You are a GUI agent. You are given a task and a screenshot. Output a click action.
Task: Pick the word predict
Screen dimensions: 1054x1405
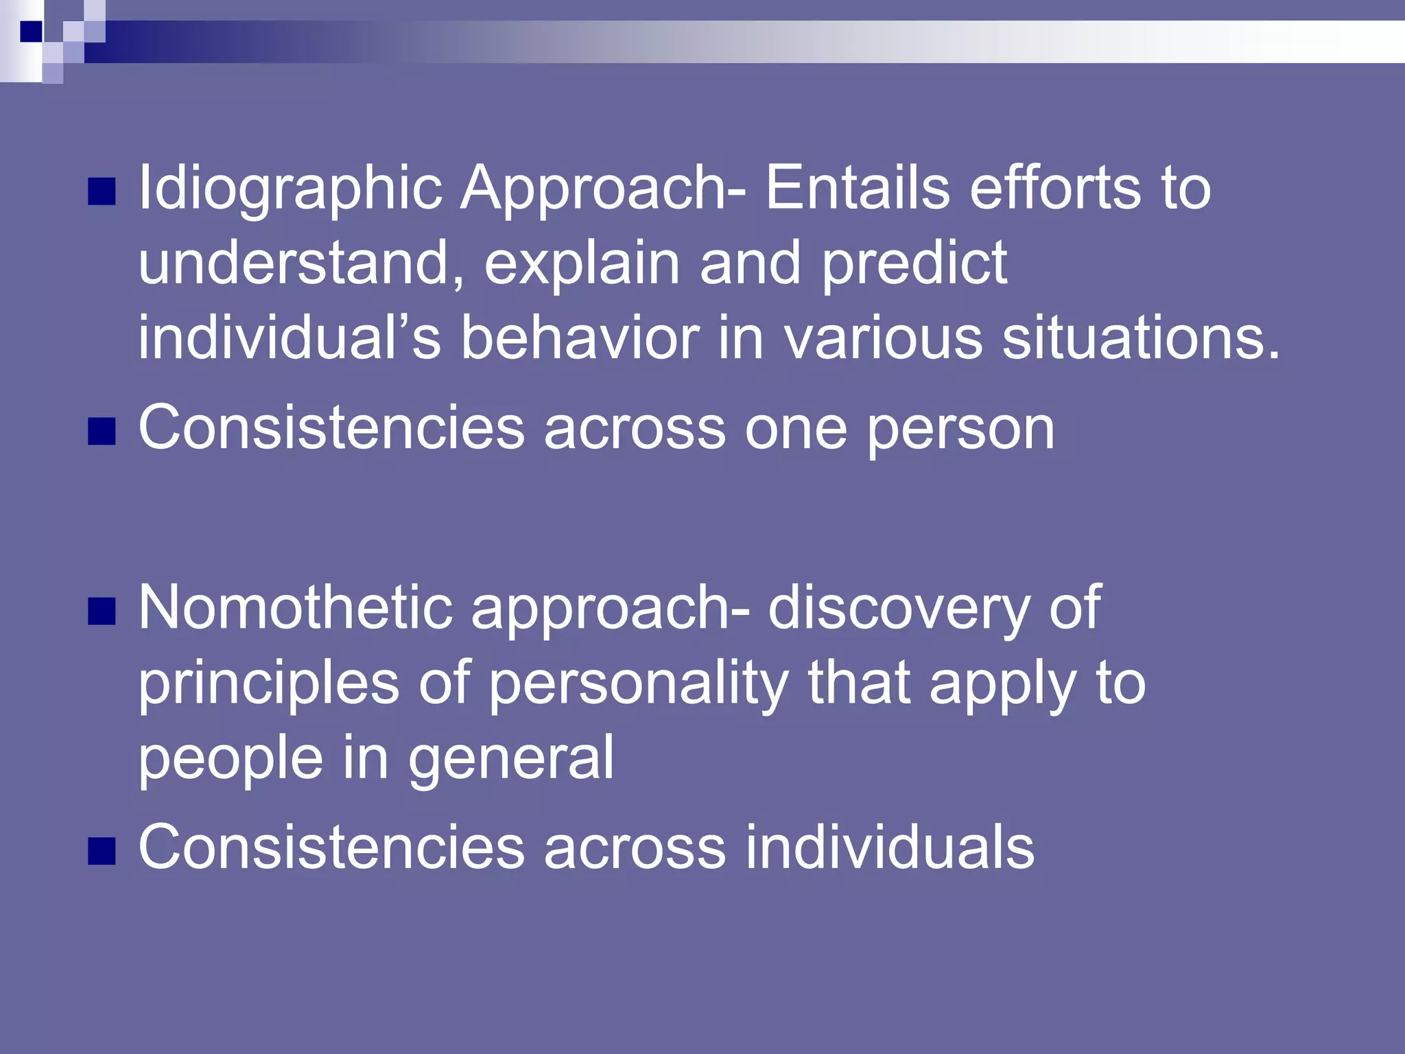[914, 263]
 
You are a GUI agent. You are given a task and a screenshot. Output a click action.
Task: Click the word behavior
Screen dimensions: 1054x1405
[580, 337]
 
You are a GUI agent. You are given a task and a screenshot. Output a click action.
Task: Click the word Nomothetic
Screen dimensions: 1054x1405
[296, 607]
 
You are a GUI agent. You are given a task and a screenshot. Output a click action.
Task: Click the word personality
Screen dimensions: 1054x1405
[639, 684]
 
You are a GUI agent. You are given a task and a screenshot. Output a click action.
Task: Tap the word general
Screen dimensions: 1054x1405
[511, 759]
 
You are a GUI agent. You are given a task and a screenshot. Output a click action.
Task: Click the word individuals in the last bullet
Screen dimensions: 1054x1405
[889, 847]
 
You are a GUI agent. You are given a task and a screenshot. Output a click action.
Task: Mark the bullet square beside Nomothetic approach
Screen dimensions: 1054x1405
[102, 611]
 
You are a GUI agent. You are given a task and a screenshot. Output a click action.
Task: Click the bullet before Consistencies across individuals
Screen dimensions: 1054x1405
[102, 851]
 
